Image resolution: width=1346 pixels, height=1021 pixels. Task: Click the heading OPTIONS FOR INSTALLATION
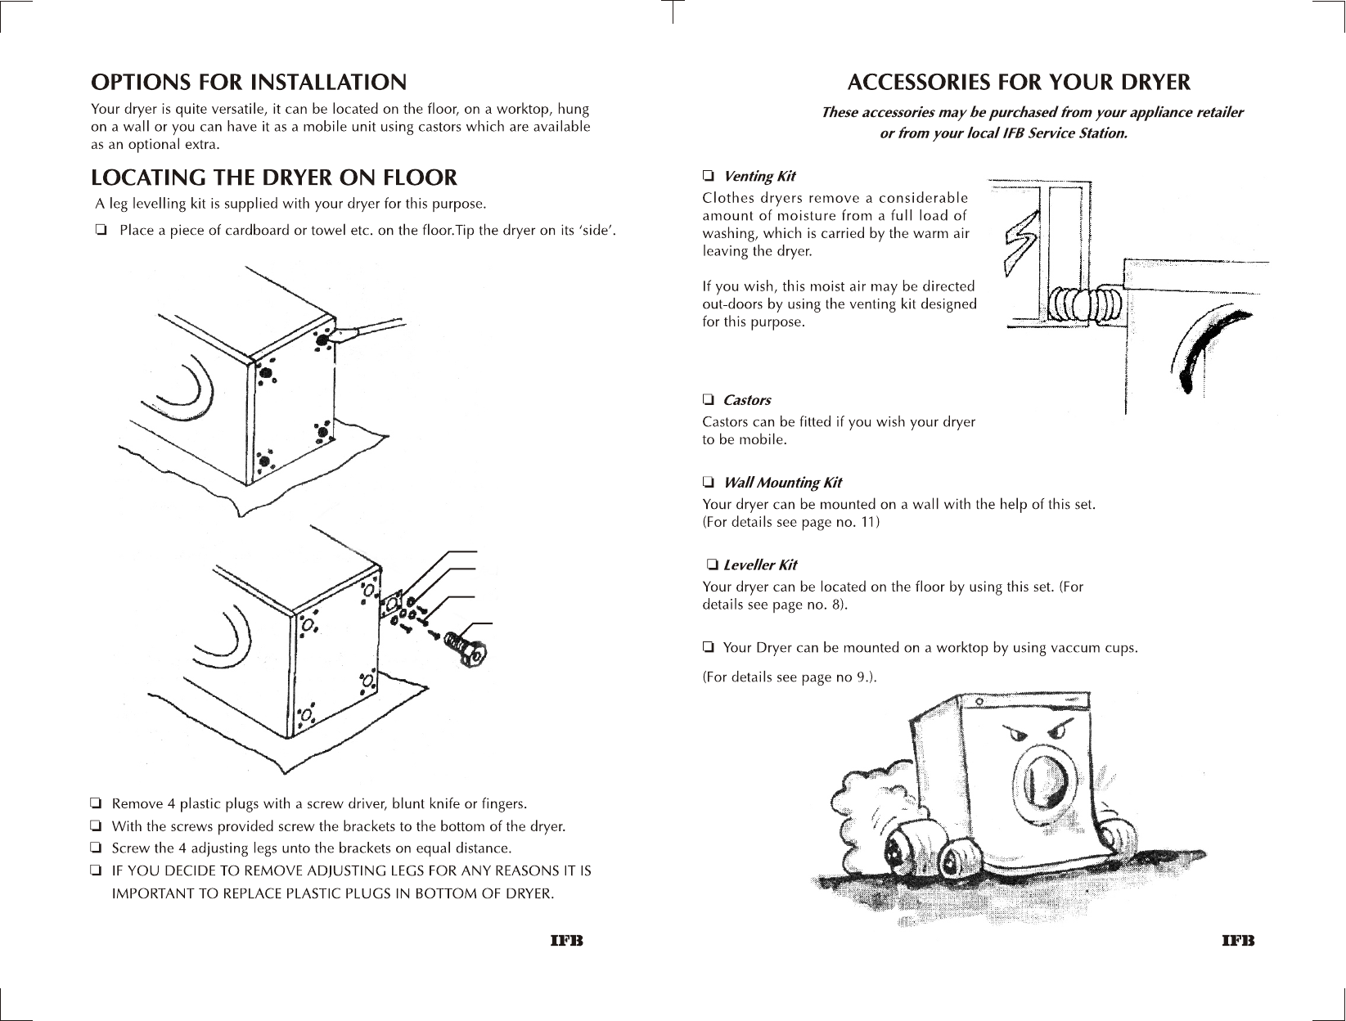point(248,82)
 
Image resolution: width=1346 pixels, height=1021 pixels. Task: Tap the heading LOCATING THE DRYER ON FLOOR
point(274,178)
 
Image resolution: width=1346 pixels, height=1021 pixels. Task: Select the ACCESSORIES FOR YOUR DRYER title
point(1019,83)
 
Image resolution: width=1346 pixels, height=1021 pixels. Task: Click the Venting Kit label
point(759,176)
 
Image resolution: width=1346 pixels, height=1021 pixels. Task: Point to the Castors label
point(747,400)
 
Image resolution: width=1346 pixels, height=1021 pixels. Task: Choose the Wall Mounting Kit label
point(782,483)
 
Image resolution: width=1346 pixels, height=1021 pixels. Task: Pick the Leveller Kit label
point(760,564)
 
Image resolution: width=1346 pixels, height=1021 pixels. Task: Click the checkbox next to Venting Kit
point(709,176)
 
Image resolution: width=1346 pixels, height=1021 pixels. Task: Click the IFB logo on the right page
point(1238,941)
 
